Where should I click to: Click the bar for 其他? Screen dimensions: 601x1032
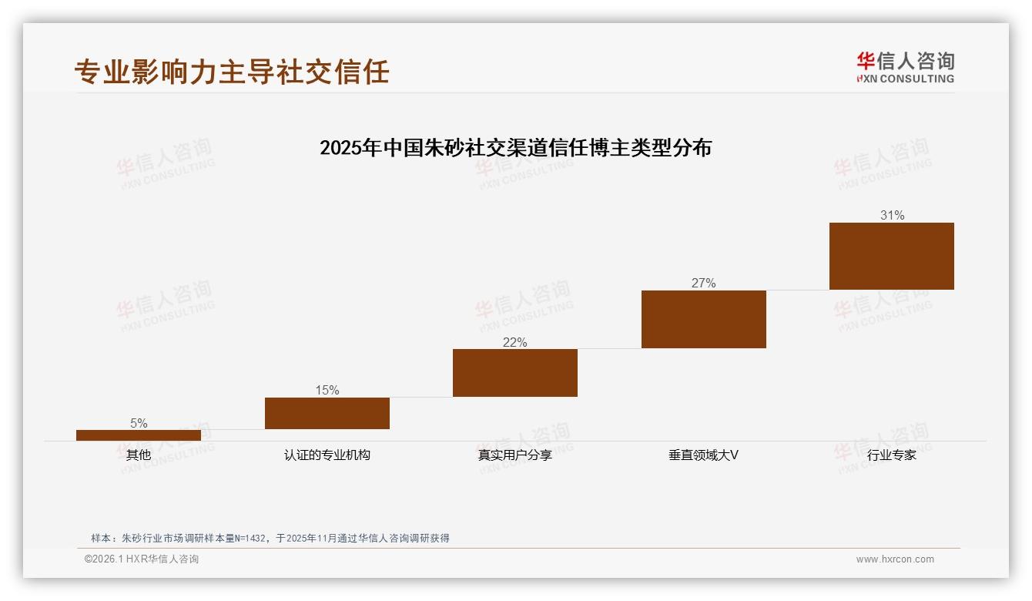coord(139,435)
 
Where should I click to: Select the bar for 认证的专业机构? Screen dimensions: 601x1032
coord(327,413)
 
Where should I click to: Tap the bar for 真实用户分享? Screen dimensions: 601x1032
coord(515,373)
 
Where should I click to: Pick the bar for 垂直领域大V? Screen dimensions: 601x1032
coord(704,319)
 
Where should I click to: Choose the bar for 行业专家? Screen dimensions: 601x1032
coord(892,256)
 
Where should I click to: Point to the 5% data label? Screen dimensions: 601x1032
coord(139,423)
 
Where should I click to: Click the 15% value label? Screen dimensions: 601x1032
coord(327,390)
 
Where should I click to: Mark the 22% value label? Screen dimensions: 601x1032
coord(515,342)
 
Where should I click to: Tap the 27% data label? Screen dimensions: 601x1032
coord(704,283)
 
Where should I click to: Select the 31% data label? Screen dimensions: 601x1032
coord(892,216)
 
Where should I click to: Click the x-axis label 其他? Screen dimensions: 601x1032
coord(139,455)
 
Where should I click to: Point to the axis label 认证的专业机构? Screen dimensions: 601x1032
coord(327,455)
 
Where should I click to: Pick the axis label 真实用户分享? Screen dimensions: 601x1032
coord(515,455)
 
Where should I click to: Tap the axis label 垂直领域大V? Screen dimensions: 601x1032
coord(704,455)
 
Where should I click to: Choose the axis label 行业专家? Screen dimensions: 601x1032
coord(892,455)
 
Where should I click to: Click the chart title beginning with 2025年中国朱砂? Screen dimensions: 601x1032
coord(515,147)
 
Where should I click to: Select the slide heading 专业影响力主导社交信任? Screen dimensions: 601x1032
coord(232,72)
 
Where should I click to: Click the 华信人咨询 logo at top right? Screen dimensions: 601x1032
coord(905,67)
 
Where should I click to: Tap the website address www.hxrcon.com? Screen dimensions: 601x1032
coord(895,559)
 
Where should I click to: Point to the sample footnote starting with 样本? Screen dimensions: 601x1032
coord(270,538)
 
